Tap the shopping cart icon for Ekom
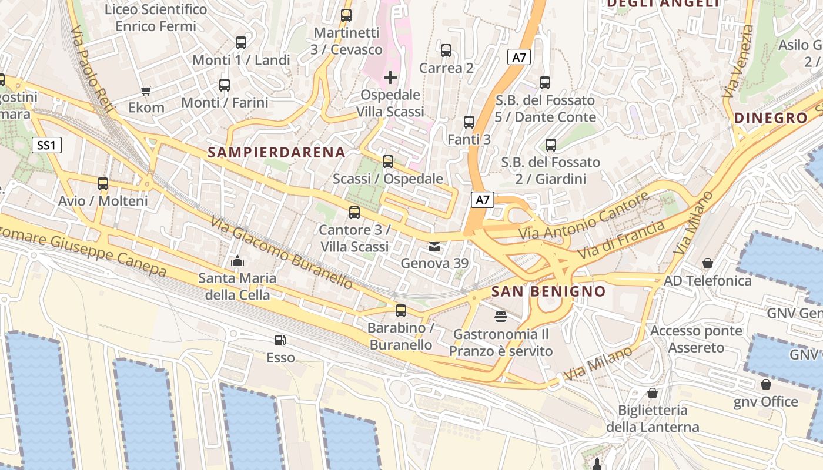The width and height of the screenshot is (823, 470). (146, 90)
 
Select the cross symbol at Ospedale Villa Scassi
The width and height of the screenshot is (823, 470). (390, 78)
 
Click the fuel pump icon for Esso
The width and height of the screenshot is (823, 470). (280, 340)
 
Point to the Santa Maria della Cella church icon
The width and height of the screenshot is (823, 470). (237, 261)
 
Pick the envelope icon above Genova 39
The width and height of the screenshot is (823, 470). (434, 246)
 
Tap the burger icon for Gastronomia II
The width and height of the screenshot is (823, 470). (501, 317)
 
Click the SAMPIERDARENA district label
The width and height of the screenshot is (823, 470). (276, 153)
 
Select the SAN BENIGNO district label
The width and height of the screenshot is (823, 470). (548, 291)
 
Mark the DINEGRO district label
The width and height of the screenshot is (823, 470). (771, 118)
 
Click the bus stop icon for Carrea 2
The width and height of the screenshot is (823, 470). (446, 51)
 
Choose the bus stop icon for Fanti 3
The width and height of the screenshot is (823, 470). (469, 122)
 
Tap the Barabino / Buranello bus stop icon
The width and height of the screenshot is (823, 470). (401, 311)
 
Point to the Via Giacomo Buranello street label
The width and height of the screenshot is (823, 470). (282, 254)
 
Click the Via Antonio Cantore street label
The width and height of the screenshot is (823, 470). (584, 216)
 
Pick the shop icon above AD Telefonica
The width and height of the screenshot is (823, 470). (708, 263)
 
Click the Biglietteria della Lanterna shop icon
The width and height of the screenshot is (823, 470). (653, 393)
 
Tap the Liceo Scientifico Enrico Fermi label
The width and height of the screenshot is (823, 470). (156, 18)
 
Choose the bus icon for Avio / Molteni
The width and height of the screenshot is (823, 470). (103, 184)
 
